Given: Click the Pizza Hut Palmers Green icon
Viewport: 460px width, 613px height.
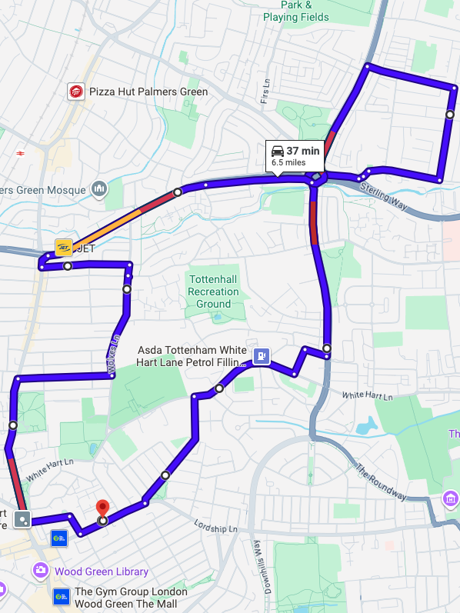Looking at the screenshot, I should coord(76,92).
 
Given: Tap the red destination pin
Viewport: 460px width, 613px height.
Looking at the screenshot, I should coord(102,508).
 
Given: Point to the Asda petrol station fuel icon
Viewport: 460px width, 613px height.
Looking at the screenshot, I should coord(262,355).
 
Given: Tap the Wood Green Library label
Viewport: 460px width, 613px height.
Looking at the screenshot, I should coord(101,571).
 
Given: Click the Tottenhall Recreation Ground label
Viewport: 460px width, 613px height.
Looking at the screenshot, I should coord(213,292).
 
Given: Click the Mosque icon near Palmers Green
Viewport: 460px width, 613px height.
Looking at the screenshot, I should coord(98,188).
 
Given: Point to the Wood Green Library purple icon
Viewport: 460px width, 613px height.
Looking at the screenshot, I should coord(40,571).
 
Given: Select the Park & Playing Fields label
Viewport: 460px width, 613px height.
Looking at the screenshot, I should coord(295,12).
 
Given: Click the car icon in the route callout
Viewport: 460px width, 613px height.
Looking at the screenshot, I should coord(278,151).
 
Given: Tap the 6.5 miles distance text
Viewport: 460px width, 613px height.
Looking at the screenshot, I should coord(288,163).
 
